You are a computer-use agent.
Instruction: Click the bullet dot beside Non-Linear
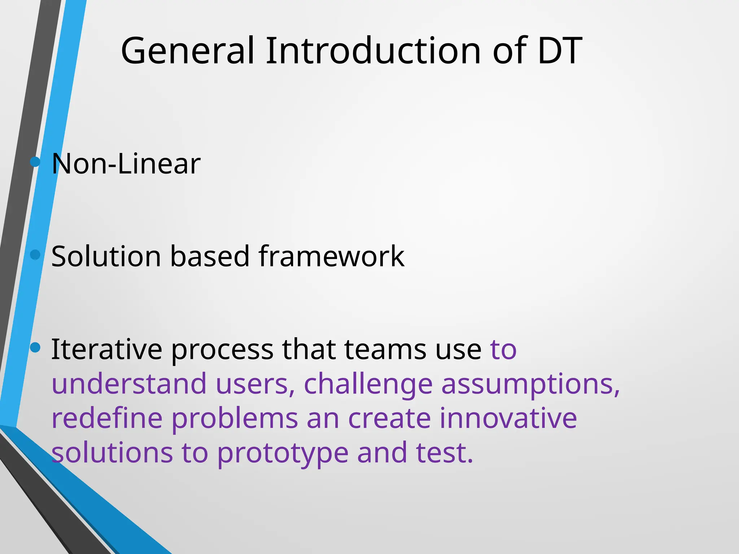coord(35,162)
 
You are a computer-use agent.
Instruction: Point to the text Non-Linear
coord(126,164)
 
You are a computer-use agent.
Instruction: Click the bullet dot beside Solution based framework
coord(35,255)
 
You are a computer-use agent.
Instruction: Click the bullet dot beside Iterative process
coord(35,347)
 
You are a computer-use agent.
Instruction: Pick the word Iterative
coord(107,349)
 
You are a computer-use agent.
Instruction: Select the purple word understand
coord(129,383)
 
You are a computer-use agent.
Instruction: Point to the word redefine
coord(107,418)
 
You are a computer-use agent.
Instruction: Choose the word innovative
coord(508,418)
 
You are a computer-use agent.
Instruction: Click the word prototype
coord(283,453)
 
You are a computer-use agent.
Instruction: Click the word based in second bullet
coord(210,256)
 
